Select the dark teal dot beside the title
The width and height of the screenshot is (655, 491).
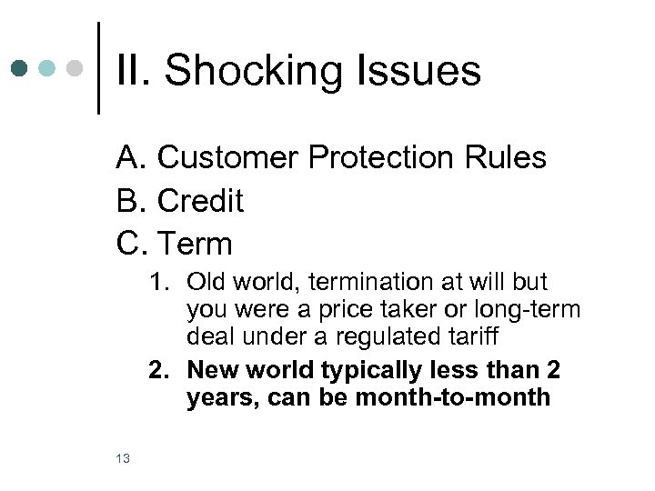21,68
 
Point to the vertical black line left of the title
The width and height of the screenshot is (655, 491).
98,68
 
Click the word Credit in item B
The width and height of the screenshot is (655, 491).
200,201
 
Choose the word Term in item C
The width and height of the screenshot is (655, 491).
195,244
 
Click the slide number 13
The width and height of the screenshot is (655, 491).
124,458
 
